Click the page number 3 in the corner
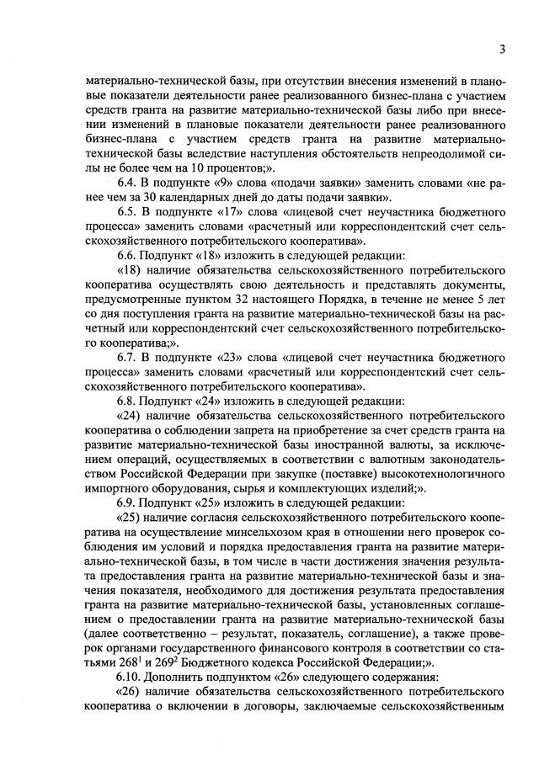click(x=501, y=49)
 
